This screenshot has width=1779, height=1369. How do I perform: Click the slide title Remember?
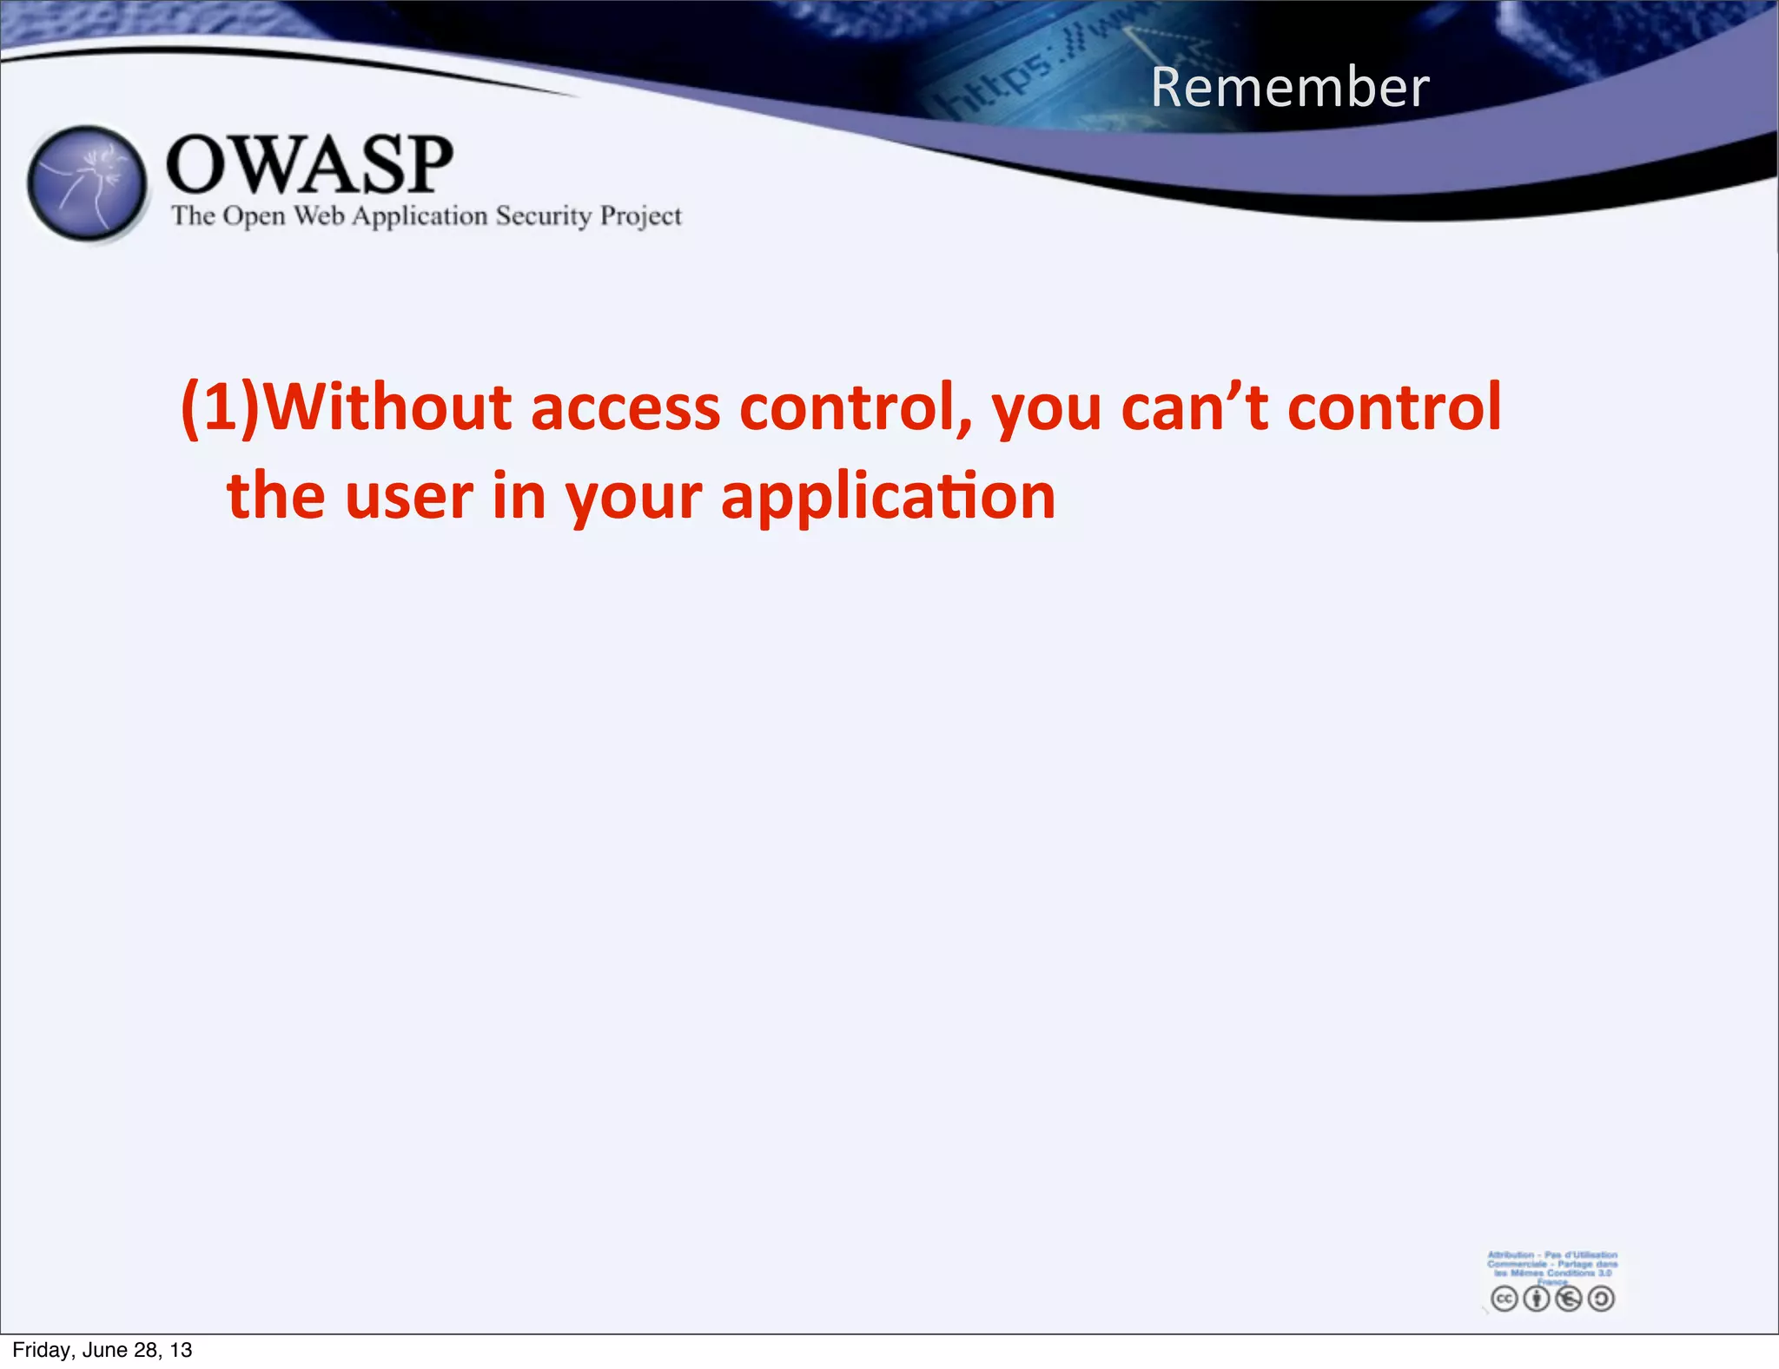click(1290, 88)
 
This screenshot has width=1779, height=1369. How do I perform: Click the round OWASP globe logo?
click(87, 183)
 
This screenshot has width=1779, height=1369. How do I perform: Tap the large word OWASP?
click(309, 164)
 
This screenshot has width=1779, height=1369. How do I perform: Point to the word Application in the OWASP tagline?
click(420, 216)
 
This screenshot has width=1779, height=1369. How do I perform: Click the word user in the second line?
click(409, 497)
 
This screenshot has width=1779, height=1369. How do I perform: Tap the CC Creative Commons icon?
click(1504, 1299)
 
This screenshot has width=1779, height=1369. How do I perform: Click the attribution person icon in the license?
click(1536, 1299)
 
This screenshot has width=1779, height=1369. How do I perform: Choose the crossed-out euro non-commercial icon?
click(1569, 1299)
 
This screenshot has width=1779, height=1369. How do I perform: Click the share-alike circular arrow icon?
click(1601, 1299)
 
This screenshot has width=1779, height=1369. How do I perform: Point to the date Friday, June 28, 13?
click(103, 1350)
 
